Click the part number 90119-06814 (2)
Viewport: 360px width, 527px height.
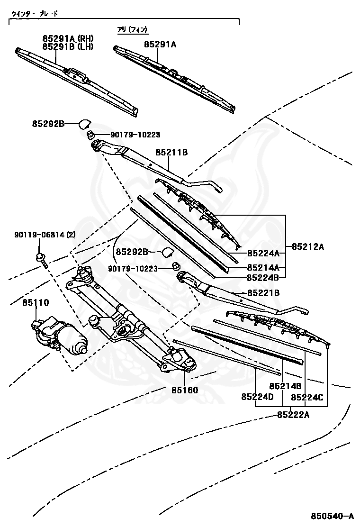[x=45, y=235]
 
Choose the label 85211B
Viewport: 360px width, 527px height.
[x=171, y=152]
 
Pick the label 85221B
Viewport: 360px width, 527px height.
[x=263, y=293]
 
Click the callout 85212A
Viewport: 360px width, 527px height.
[x=308, y=246]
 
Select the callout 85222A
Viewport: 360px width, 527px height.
[x=293, y=415]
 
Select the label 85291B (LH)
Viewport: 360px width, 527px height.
[x=68, y=46]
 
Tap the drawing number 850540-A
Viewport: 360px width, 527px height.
[x=332, y=516]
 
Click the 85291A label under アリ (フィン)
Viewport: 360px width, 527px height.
[x=160, y=44]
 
